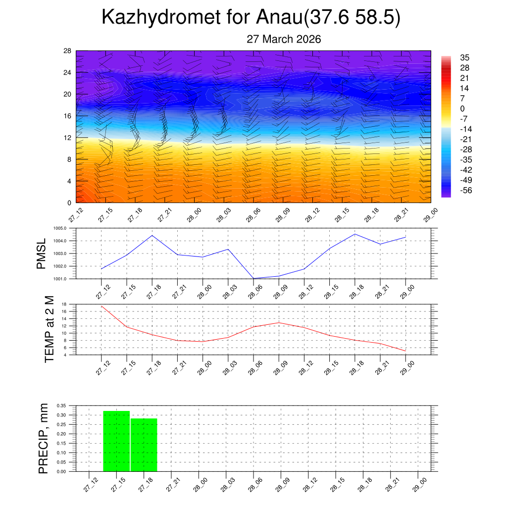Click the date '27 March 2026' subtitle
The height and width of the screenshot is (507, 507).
click(x=284, y=40)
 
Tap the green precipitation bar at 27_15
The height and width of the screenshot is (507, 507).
click(x=116, y=441)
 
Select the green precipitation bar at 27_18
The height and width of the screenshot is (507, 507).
click(x=144, y=445)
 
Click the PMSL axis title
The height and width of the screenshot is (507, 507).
click(x=42, y=253)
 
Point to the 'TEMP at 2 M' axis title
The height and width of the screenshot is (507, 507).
click(x=49, y=329)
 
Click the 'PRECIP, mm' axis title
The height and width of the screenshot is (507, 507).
click(x=44, y=439)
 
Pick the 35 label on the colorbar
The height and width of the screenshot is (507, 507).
click(x=464, y=57)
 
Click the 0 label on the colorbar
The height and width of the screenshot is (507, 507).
click(x=462, y=109)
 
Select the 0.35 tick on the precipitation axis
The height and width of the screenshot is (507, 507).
click(x=61, y=406)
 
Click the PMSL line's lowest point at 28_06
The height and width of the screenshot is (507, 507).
click(x=253, y=278)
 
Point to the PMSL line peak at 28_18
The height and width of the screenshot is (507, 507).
click(x=355, y=234)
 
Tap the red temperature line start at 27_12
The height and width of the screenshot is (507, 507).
click(x=101, y=306)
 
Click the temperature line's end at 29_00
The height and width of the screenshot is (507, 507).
click(x=406, y=351)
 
